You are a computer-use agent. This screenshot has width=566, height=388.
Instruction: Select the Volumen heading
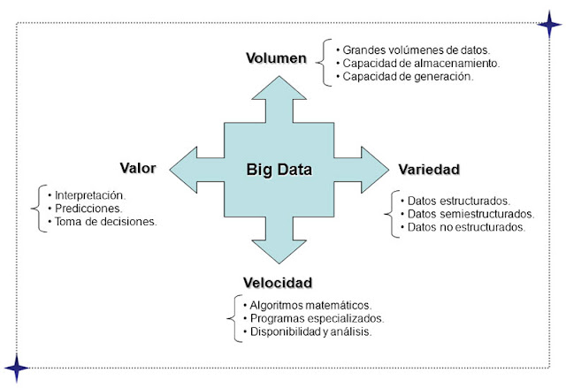click(x=275, y=59)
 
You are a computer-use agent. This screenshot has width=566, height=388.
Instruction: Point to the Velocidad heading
click(x=278, y=283)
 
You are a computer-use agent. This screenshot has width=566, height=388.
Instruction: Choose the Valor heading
click(x=138, y=167)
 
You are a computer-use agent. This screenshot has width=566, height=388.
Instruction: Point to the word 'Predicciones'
click(x=88, y=208)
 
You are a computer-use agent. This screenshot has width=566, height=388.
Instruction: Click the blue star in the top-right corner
click(x=549, y=23)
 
